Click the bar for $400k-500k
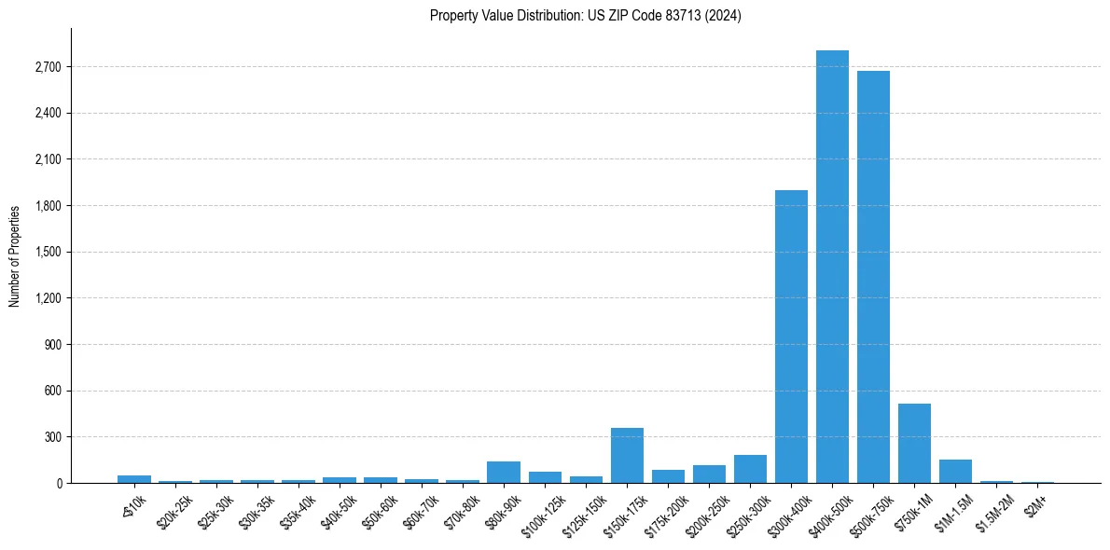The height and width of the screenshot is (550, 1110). tap(832, 267)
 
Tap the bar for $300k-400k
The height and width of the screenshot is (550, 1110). tap(791, 337)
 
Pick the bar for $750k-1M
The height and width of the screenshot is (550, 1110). tap(914, 444)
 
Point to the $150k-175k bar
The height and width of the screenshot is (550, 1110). tap(627, 456)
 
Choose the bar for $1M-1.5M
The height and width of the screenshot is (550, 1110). tap(955, 472)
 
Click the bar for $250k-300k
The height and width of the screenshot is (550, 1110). tap(750, 469)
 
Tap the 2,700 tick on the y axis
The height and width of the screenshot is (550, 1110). tap(48, 67)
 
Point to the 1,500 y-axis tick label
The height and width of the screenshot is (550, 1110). tap(48, 252)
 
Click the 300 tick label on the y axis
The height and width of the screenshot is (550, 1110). tap(52, 437)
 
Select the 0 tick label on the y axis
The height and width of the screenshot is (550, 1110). tap(58, 483)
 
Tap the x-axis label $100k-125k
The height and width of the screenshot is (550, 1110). tap(544, 512)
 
